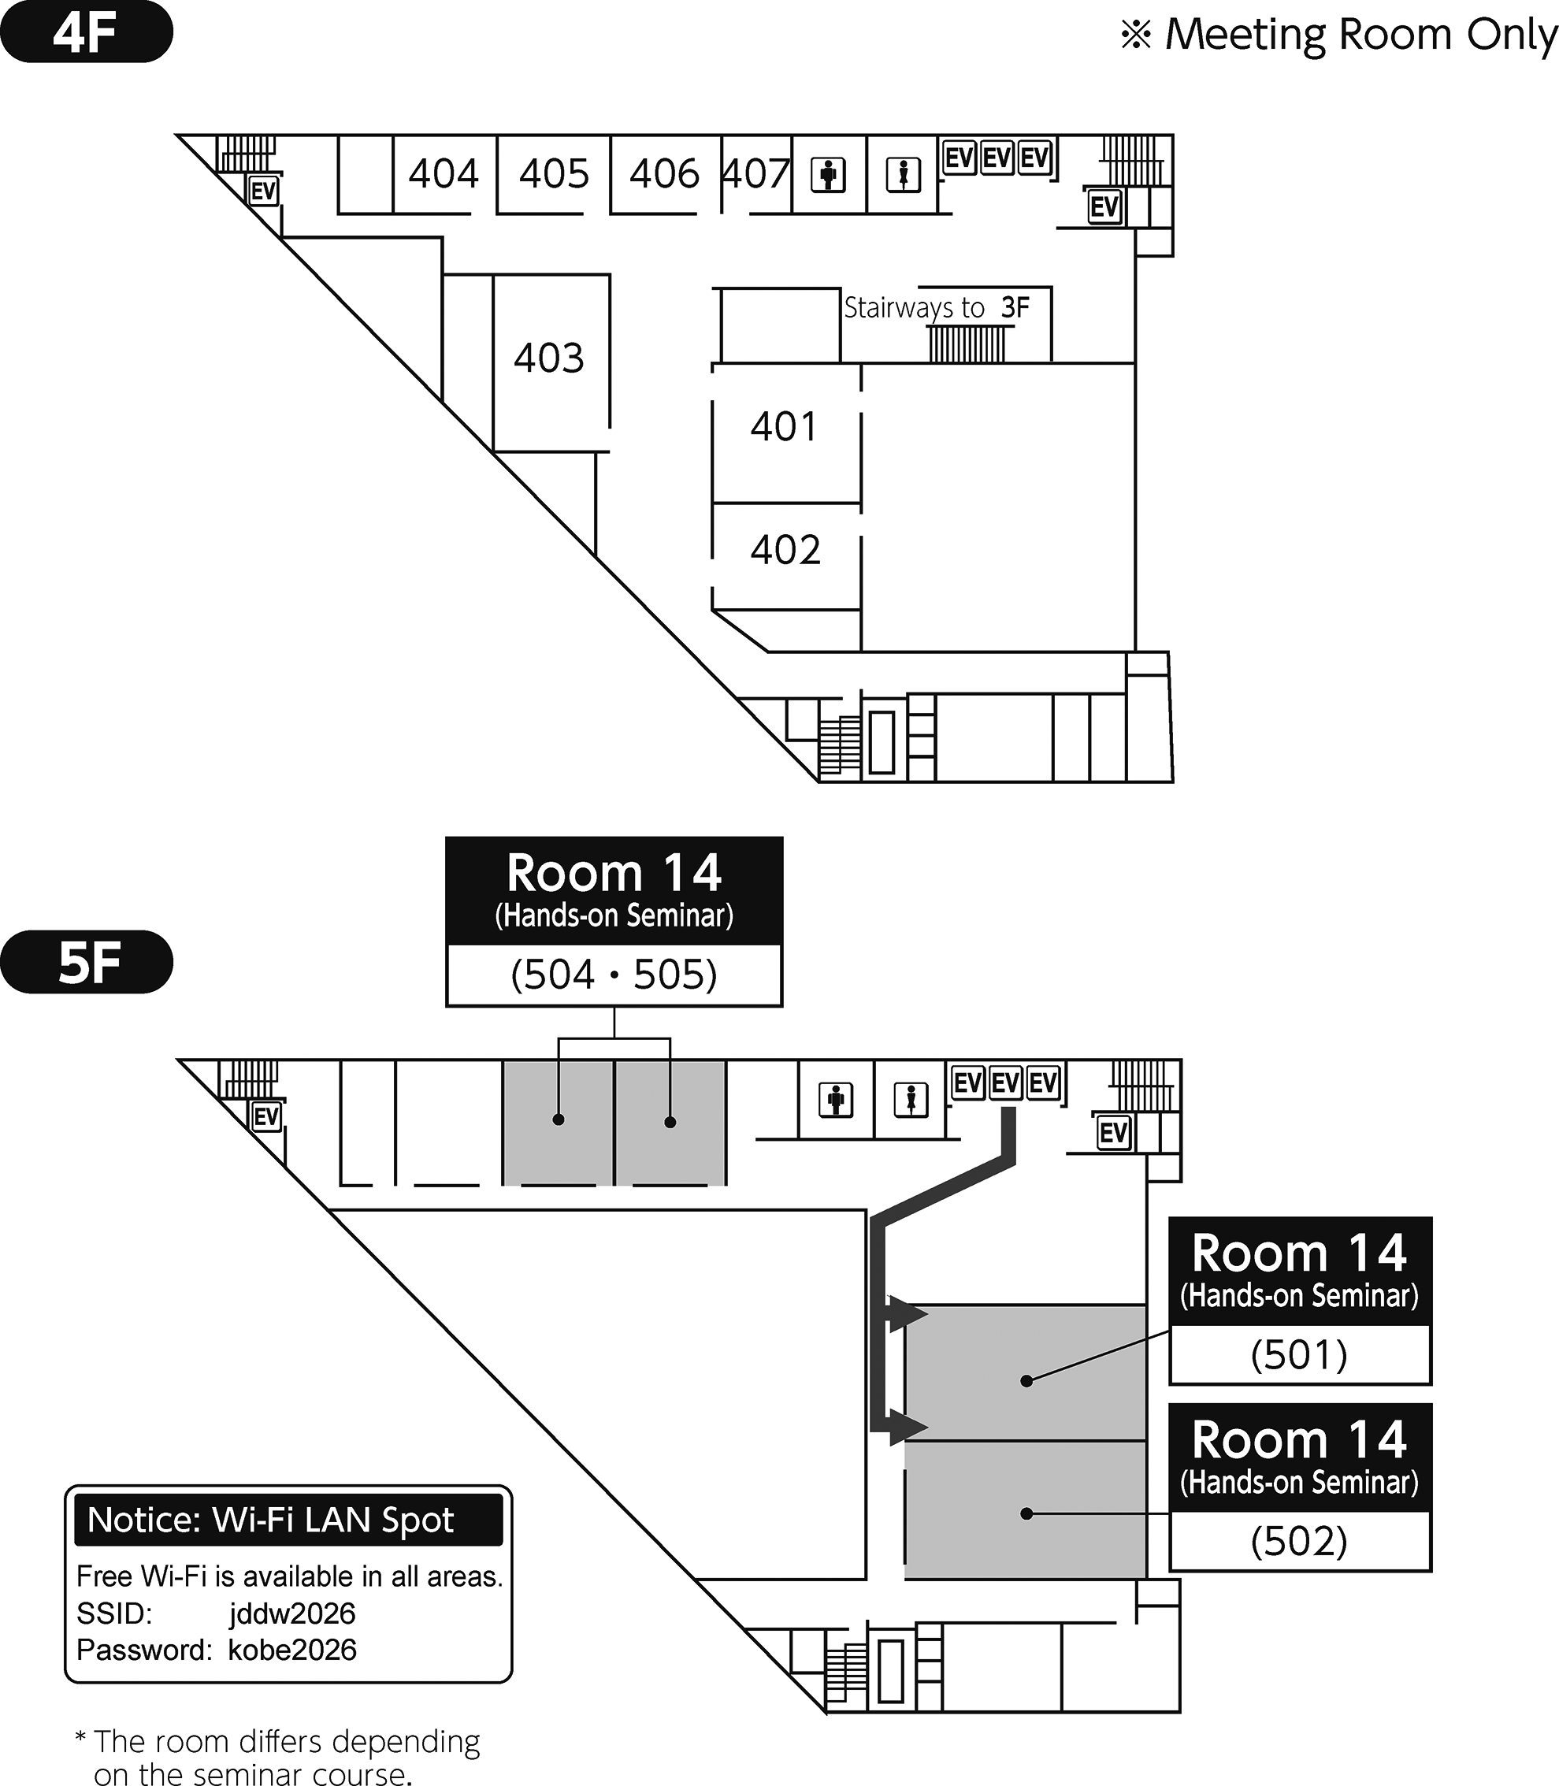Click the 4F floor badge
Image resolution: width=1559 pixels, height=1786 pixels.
[x=86, y=32]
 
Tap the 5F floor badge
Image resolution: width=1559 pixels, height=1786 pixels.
[x=86, y=962]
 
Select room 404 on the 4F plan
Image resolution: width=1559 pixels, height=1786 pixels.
[x=444, y=174]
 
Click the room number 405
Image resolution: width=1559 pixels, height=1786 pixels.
[x=554, y=174]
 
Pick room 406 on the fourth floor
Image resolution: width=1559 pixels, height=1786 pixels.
[x=665, y=174]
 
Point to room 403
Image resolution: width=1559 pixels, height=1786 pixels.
[x=549, y=358]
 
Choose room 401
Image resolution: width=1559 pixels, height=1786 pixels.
[x=785, y=427]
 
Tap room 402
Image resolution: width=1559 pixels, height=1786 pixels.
[x=785, y=551]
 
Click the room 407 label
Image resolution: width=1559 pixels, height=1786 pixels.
[x=756, y=174]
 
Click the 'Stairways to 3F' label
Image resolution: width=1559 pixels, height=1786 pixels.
[x=937, y=308]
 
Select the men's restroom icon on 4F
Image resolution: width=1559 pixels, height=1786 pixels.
[x=828, y=175]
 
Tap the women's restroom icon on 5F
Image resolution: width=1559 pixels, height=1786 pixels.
[x=911, y=1101]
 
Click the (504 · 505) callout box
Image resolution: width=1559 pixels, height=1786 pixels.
[x=614, y=975]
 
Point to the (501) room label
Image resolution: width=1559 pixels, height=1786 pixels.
[x=1300, y=1354]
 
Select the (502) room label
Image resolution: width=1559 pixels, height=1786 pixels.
[x=1300, y=1542]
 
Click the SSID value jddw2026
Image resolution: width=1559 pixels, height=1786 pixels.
[x=292, y=1613]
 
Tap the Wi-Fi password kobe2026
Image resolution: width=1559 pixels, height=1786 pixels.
[x=292, y=1650]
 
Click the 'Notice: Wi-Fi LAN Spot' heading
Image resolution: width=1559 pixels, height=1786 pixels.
[x=270, y=1520]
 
